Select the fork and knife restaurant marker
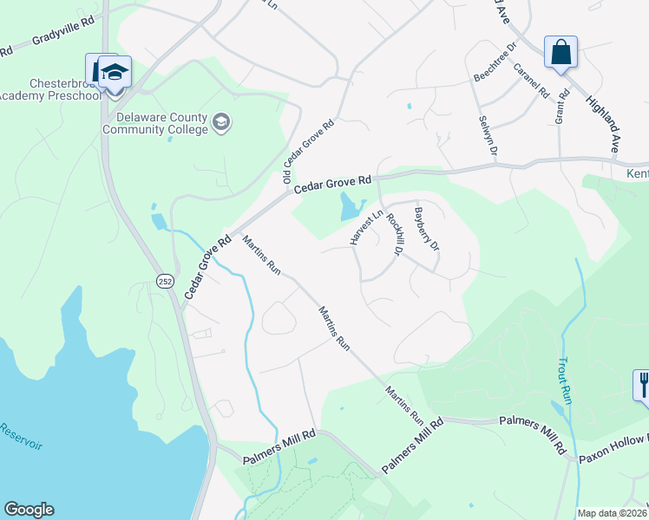point(643,384)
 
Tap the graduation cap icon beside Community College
point(222,121)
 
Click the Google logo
point(29,510)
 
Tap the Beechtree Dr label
point(495,63)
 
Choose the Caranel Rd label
point(532,81)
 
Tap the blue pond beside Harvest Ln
point(350,207)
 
